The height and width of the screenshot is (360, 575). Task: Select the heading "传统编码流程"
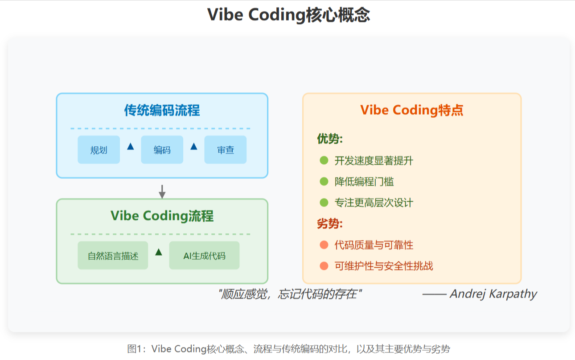click(162, 110)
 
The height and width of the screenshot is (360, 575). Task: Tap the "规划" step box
click(99, 150)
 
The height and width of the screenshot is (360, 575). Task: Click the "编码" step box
click(162, 150)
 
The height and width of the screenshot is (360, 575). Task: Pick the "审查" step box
click(225, 150)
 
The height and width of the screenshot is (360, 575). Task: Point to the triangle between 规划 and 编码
click(130, 146)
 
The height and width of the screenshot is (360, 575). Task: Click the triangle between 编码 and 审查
click(193, 146)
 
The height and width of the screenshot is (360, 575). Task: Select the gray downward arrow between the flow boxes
click(162, 191)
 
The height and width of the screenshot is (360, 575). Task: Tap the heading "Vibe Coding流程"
click(162, 216)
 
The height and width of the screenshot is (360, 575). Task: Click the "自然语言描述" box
click(113, 256)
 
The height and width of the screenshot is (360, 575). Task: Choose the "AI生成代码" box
click(204, 256)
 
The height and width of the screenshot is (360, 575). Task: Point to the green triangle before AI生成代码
click(158, 252)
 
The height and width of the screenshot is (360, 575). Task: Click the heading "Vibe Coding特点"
click(411, 110)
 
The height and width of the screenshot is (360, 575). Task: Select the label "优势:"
click(329, 139)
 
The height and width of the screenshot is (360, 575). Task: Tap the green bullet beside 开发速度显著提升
click(324, 160)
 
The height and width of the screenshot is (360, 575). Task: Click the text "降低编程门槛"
click(364, 182)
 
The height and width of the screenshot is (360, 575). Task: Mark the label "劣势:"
click(329, 223)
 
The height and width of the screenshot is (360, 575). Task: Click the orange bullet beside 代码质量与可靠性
click(324, 245)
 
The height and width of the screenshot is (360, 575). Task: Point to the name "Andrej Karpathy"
click(493, 294)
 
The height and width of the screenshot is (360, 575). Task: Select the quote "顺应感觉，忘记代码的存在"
click(290, 294)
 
